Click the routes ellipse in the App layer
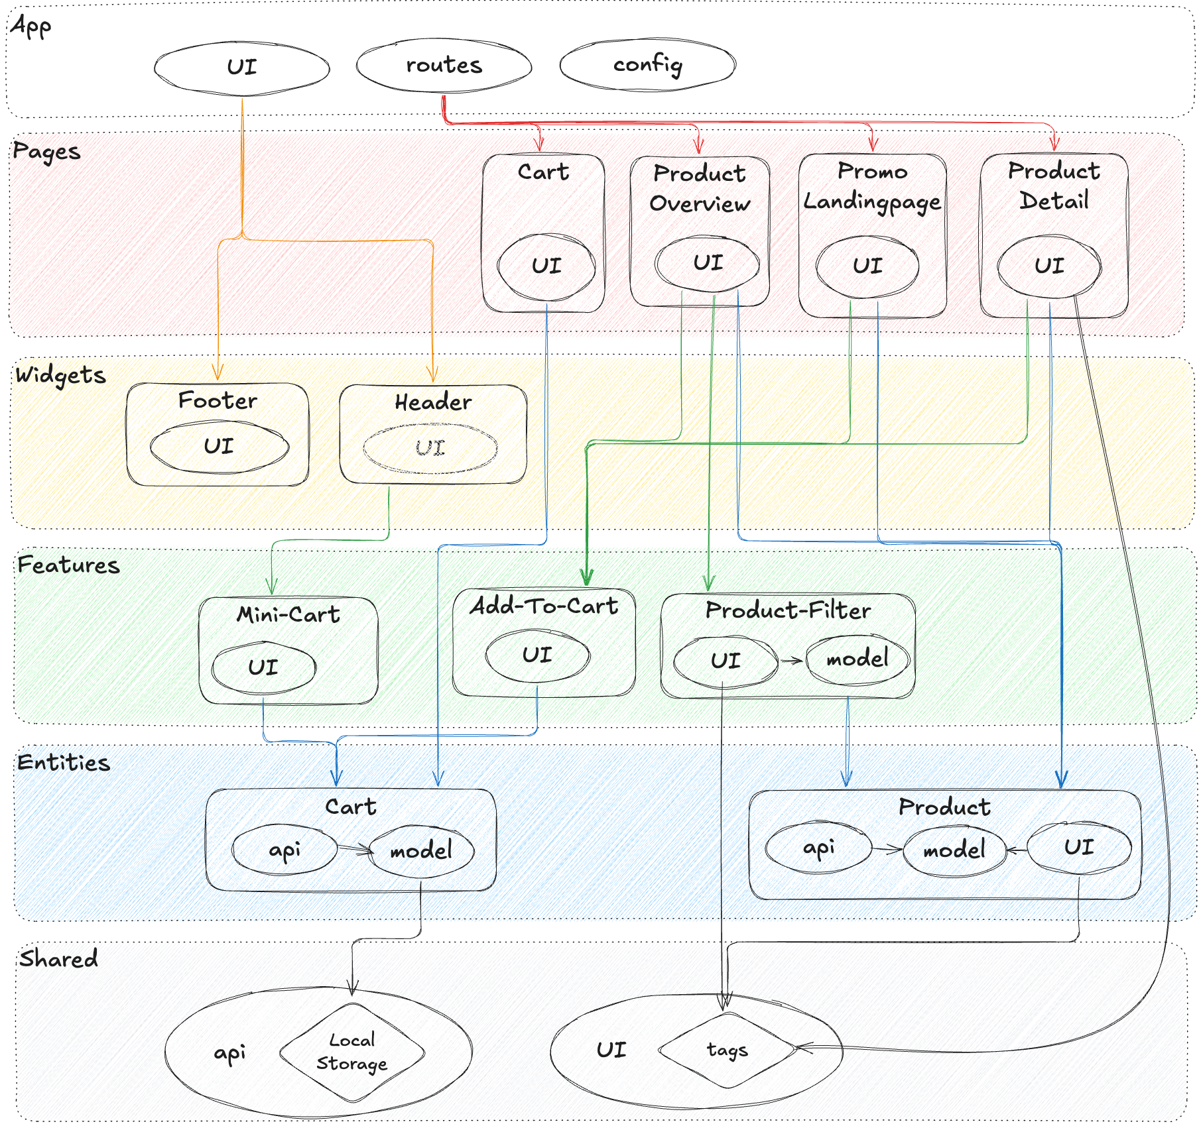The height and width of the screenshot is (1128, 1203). coord(444,66)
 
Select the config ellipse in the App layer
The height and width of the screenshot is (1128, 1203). coord(647,65)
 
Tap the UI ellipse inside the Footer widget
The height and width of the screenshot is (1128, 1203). coord(219,446)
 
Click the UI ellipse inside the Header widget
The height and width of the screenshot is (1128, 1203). coord(430,449)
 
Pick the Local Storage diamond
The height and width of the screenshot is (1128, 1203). coord(352,1052)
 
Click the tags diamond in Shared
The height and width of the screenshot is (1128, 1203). coord(728,1050)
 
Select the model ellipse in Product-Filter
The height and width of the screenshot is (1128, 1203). coord(857,659)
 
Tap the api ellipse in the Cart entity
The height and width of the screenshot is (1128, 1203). coord(285,850)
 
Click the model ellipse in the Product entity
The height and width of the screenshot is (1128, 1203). coord(954,849)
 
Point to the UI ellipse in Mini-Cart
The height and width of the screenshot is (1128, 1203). coord(263,667)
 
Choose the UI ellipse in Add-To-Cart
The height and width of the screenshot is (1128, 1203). coord(537,655)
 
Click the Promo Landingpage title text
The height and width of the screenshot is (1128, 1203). coord(872,186)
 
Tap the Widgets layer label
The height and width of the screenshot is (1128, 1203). coord(60,375)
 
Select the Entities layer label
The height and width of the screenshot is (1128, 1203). coord(64,762)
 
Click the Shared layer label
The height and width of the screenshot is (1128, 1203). coord(58,959)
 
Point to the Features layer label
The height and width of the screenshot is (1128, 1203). coord(68,565)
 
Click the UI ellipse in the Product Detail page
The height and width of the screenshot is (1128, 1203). coord(1049,266)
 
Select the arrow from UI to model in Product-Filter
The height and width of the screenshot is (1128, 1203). coord(792,660)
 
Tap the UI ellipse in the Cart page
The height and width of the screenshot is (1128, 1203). coord(546,266)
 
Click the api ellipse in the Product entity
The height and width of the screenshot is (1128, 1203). coord(818,848)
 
